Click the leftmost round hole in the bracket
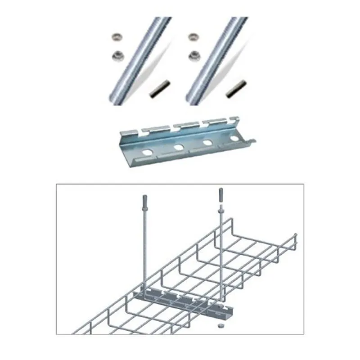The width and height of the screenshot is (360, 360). [146, 153]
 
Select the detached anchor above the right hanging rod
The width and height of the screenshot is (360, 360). [220, 194]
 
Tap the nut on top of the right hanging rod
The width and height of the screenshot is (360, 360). [220, 209]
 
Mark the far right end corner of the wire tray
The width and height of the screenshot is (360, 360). [296, 236]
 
